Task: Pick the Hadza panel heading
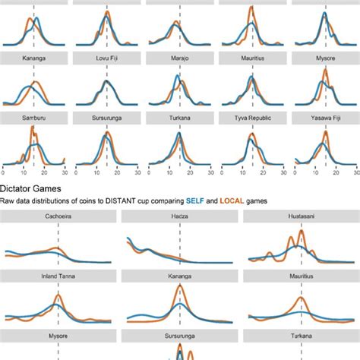click(x=179, y=217)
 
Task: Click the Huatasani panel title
click(x=301, y=217)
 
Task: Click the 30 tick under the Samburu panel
click(x=63, y=172)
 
